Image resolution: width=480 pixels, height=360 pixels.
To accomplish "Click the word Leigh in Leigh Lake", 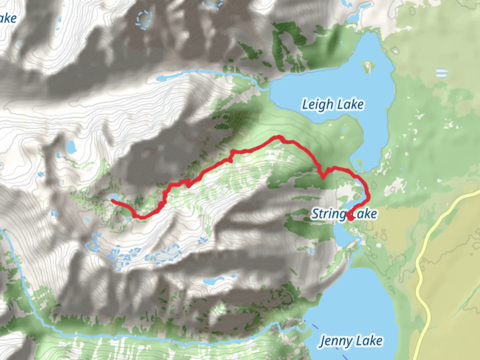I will (x=317, y=105).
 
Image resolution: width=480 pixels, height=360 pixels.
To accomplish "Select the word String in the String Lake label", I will (x=328, y=214).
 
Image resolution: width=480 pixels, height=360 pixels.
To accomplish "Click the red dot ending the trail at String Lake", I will (x=350, y=217).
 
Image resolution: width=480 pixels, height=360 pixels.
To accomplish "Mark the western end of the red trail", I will (x=112, y=200).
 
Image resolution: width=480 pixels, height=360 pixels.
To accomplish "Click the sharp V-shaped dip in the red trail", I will (x=322, y=177).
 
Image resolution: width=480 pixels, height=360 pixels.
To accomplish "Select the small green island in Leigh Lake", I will (x=367, y=67).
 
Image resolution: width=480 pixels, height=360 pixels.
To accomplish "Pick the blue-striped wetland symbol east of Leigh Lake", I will (x=442, y=72).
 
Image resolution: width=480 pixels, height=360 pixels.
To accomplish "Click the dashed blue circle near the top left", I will (x=144, y=19).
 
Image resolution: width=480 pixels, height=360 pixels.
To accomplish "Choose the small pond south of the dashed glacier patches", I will (x=209, y=282).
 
